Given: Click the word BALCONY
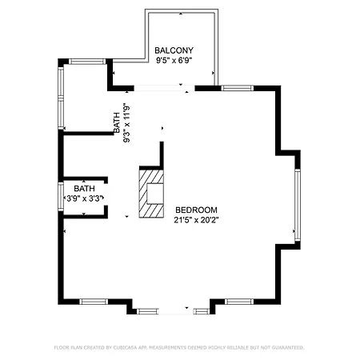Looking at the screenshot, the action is click(x=174, y=50).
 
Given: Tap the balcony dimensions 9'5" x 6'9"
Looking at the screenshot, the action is click(x=174, y=61).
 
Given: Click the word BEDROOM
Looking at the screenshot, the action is click(x=196, y=210).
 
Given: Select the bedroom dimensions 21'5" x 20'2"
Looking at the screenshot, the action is click(x=196, y=220).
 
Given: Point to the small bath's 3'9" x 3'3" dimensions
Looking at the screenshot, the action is click(x=84, y=198).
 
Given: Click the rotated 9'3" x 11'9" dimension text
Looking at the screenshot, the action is click(x=126, y=123).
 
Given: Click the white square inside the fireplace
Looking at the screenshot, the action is click(x=155, y=194).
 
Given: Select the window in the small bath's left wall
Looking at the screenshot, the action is click(x=61, y=196).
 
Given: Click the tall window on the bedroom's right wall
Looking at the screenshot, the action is click(x=298, y=205).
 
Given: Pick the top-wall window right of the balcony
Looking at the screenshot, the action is click(x=237, y=88).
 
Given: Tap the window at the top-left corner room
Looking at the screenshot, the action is click(x=87, y=62).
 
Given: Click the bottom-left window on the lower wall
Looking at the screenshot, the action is click(x=94, y=302).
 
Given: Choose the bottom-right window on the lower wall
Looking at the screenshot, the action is click(x=239, y=302).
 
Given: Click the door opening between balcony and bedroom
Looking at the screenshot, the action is click(x=164, y=88).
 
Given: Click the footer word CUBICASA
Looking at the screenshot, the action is click(x=126, y=348).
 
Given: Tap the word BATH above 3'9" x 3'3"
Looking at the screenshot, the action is click(x=84, y=189).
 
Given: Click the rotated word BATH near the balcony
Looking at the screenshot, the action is click(x=117, y=122).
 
